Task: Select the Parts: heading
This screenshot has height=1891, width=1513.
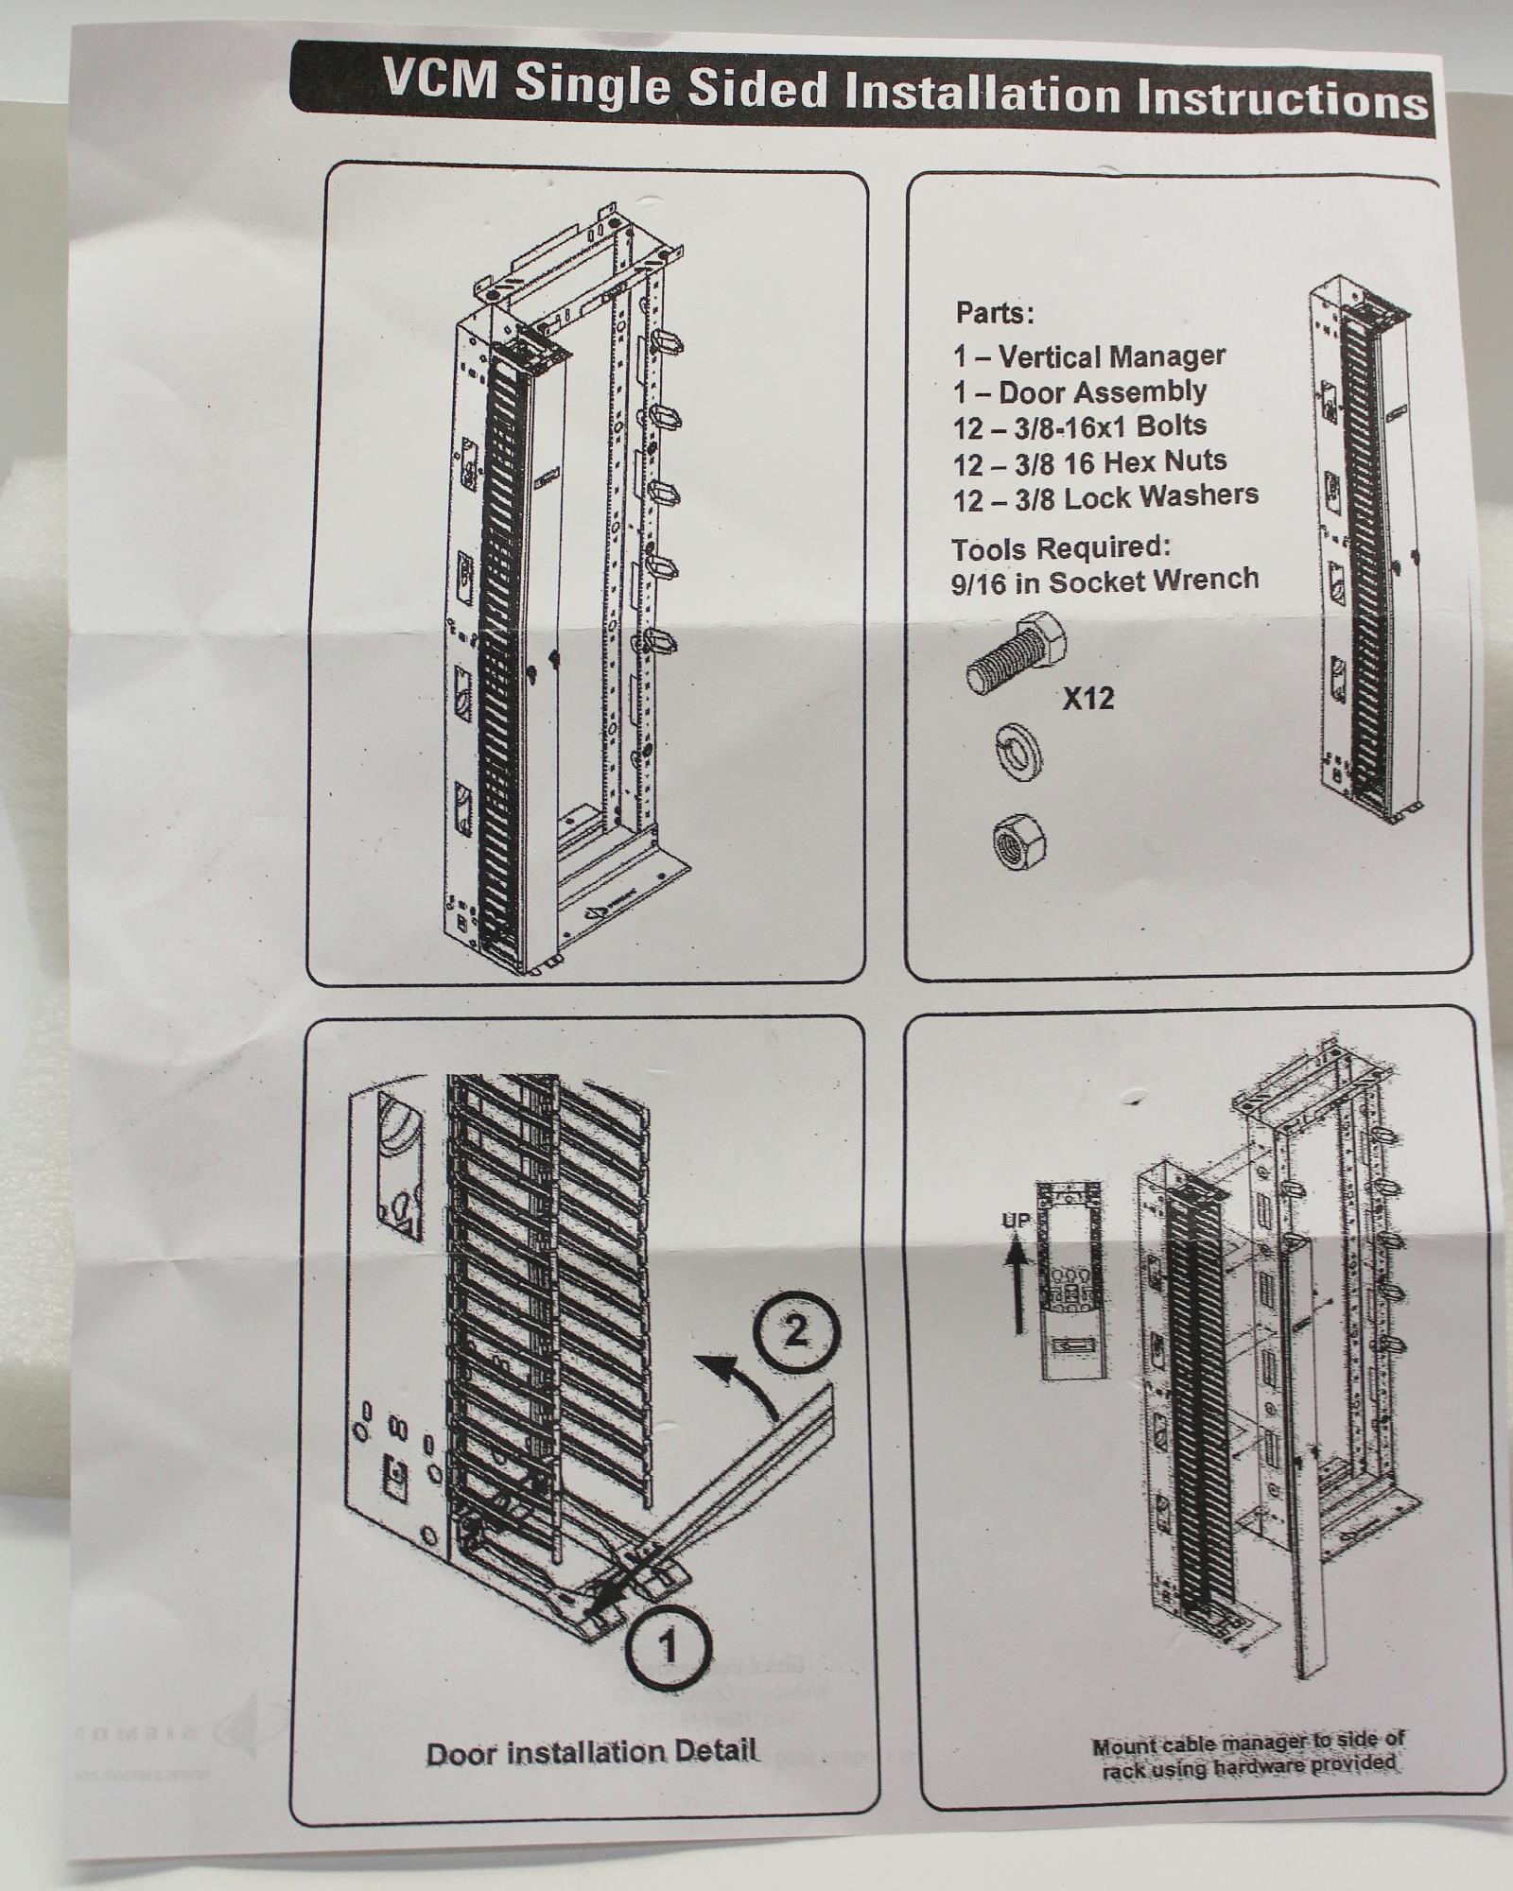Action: tap(994, 312)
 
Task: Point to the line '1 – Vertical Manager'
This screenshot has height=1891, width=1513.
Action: tap(1088, 356)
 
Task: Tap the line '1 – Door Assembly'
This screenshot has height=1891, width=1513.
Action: tap(1079, 391)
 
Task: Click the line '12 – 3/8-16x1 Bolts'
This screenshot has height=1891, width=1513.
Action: tap(1079, 426)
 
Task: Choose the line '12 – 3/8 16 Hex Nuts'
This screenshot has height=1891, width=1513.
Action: tap(1089, 461)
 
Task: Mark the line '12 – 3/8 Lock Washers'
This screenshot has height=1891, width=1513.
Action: tap(1105, 496)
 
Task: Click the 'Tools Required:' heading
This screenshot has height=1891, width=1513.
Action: tap(1061, 547)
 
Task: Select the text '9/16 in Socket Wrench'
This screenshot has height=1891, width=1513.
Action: tap(1104, 580)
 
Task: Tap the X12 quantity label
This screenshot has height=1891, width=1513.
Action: tap(1087, 699)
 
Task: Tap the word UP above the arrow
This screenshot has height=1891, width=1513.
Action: tap(1015, 1221)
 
